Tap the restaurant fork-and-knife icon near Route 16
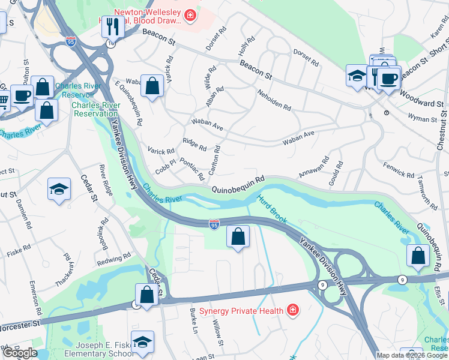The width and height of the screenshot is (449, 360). coord(112,26)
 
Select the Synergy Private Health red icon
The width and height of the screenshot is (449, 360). coord(292,310)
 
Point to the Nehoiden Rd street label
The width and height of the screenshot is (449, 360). coord(274,101)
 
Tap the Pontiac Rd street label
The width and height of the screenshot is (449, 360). coord(192,170)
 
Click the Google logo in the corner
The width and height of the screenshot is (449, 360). coord(20,353)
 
